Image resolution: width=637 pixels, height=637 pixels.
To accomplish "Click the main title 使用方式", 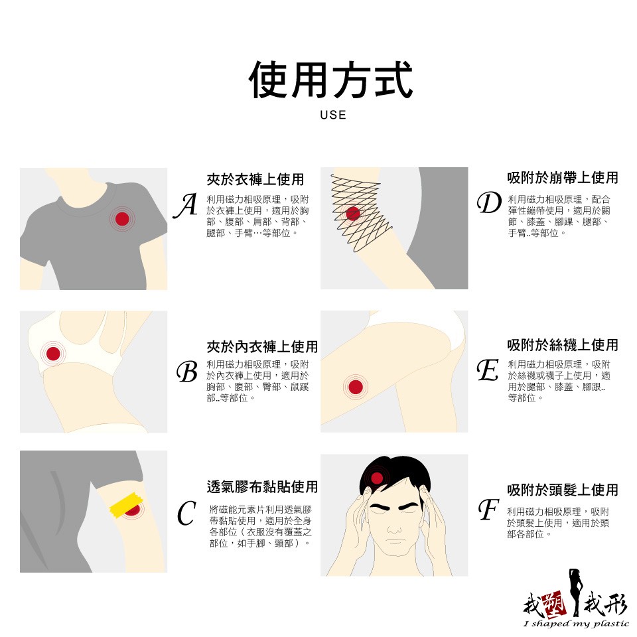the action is click(331, 80).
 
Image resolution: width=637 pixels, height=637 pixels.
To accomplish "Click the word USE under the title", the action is click(333, 115).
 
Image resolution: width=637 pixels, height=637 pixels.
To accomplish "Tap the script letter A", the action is click(186, 205).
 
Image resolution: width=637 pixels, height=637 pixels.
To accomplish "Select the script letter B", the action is click(187, 372).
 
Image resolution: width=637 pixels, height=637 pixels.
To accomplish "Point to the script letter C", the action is click(186, 513).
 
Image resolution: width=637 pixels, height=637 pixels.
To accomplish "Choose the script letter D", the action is click(489, 203).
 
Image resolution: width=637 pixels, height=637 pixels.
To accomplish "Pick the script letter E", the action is click(488, 370).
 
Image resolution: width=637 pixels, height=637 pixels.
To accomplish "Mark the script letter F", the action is click(488, 510).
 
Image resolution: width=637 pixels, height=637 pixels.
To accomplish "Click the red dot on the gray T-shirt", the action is click(122, 219).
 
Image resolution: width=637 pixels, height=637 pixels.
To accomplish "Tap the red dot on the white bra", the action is click(53, 354).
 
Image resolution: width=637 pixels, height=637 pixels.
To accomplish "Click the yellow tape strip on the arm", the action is click(125, 506).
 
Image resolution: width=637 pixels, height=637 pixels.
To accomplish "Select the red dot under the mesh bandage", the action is click(353, 213).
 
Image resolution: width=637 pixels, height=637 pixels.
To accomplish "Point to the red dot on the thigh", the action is click(356, 387).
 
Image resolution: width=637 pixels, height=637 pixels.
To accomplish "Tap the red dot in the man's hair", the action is click(378, 478).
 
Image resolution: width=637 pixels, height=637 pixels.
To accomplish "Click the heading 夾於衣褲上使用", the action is click(255, 179).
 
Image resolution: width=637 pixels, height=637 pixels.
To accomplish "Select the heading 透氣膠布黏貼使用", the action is click(262, 486).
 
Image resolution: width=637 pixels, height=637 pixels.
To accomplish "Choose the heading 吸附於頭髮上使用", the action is click(563, 490).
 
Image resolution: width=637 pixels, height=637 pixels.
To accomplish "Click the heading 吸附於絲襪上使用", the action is click(563, 345).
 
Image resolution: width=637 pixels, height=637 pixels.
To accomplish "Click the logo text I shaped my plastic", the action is click(577, 624).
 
